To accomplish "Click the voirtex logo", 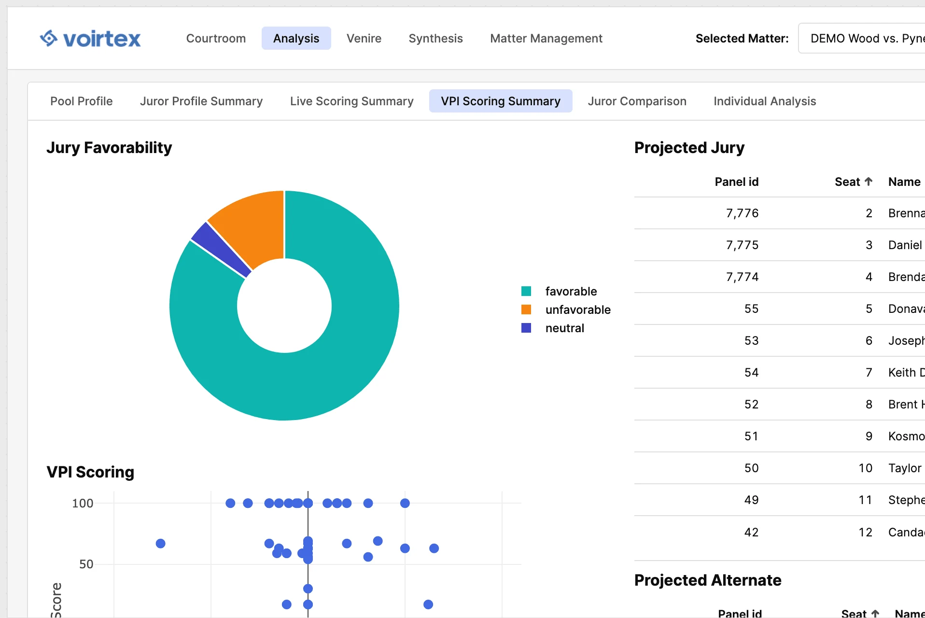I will click(x=90, y=39).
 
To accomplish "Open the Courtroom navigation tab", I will click(x=216, y=39).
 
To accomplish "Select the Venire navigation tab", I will click(x=364, y=39).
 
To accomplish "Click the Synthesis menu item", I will click(x=435, y=39).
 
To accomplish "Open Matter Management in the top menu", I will click(x=546, y=39).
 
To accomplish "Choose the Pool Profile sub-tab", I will click(x=82, y=101).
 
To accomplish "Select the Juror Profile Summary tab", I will click(x=201, y=101).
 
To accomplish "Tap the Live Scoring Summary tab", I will click(x=351, y=101).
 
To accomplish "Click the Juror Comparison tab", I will click(x=637, y=101).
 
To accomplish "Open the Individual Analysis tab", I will click(x=765, y=101).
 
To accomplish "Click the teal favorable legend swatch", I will click(x=526, y=291).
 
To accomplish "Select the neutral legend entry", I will click(x=564, y=328).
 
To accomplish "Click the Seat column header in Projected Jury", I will click(x=853, y=182).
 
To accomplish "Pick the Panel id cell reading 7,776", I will click(x=742, y=213).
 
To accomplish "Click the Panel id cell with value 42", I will click(x=751, y=532).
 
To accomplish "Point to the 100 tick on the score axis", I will click(x=83, y=504).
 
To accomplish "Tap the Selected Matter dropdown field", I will click(x=864, y=39).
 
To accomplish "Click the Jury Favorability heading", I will click(x=109, y=148).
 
